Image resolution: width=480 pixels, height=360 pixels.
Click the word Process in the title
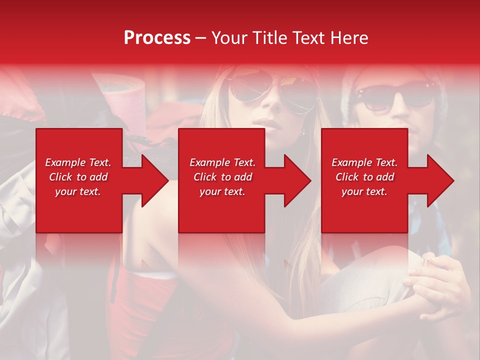coord(157,38)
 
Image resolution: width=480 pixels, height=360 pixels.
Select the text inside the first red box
coord(78,177)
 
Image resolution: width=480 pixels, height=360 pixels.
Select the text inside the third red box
coord(364,177)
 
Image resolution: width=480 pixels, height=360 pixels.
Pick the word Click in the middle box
coord(204,177)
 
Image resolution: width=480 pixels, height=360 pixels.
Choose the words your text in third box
coord(364,191)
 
